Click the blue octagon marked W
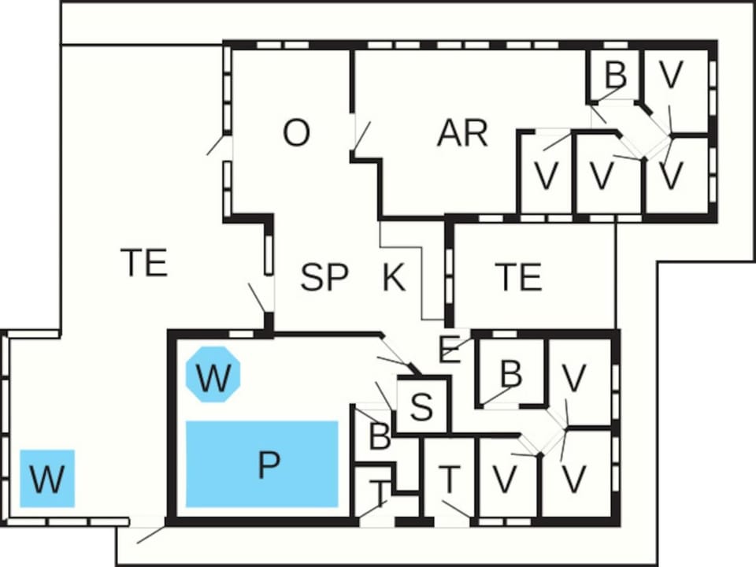point(213,374)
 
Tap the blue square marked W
point(47,478)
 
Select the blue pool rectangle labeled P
point(262,464)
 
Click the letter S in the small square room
point(422,406)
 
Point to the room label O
point(296,132)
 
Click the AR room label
point(462,132)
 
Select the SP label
point(324,276)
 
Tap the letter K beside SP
point(394,276)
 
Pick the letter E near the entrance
point(450,350)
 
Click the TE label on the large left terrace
point(143,261)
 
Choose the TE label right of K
point(518,276)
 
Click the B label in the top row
point(616,75)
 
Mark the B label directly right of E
point(511,373)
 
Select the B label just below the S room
point(380,435)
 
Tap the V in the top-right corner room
point(671,75)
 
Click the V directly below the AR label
point(546,176)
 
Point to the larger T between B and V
point(450,480)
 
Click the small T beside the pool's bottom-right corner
point(381,491)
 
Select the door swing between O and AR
point(361,136)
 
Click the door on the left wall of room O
point(216,145)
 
